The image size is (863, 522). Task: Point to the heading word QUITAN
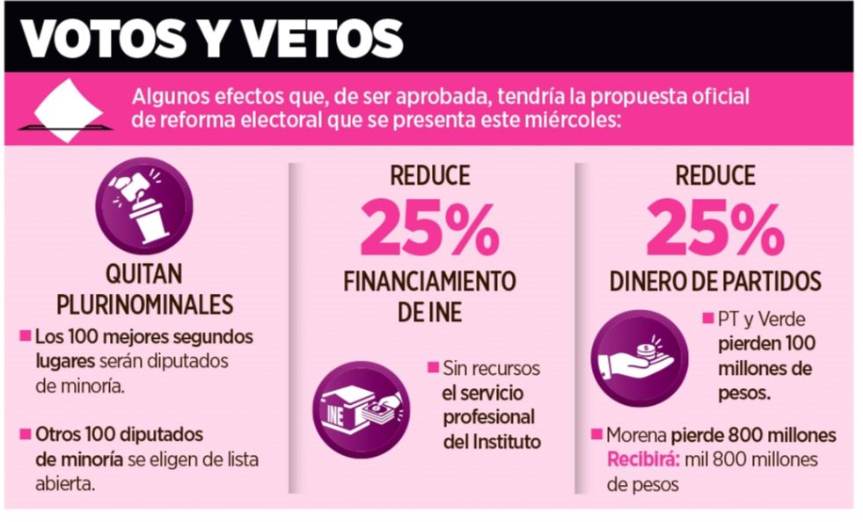pos(144,276)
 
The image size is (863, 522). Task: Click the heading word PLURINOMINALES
pos(145,305)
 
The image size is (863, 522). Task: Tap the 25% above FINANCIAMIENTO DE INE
pos(429,227)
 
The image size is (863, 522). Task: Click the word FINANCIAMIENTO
pos(429,282)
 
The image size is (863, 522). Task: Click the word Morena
pos(637,436)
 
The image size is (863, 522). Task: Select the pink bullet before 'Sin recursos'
pos(432,367)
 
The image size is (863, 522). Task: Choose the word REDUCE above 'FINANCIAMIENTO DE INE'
pos(429,176)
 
